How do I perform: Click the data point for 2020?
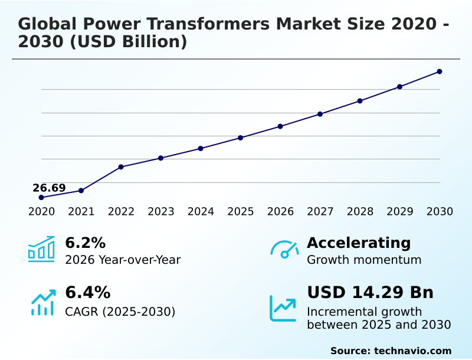click(41, 197)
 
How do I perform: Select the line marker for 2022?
click(121, 167)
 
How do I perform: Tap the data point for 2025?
click(241, 138)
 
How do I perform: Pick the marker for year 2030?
click(440, 71)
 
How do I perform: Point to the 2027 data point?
click(320, 114)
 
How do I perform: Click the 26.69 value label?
click(49, 188)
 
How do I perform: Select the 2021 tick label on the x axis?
click(81, 212)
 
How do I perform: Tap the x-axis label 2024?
click(201, 212)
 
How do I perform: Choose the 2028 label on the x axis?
click(360, 212)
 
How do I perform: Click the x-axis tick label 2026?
click(280, 212)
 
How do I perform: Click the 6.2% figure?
click(85, 243)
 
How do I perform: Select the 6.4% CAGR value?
click(87, 292)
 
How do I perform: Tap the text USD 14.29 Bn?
click(370, 292)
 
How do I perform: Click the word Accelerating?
click(359, 243)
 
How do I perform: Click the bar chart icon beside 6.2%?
click(41, 250)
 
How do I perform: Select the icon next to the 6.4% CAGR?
click(42, 303)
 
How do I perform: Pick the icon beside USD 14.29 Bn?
click(283, 308)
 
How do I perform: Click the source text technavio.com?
click(412, 351)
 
